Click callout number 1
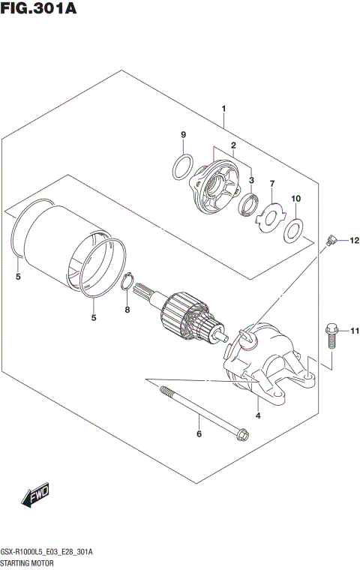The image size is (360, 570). (223, 109)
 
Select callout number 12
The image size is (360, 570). (353, 240)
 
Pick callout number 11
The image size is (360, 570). (354, 331)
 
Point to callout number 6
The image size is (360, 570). (199, 433)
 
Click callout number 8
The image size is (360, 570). (127, 310)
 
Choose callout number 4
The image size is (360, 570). (257, 415)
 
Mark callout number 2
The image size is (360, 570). (233, 145)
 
